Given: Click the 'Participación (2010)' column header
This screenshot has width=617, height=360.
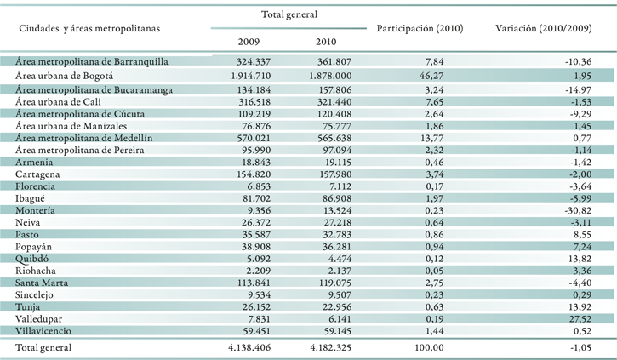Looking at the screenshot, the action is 420,28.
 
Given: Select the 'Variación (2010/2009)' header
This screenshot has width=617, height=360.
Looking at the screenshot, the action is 544,28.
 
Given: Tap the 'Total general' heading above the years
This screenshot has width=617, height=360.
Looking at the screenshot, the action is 289,14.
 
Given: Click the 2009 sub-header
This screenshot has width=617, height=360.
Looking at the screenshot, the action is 249,42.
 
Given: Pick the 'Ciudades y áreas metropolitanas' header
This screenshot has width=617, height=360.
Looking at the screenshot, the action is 89,29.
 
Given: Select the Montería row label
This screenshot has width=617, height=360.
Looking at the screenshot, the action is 35,210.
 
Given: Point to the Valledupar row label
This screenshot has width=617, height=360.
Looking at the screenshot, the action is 38,319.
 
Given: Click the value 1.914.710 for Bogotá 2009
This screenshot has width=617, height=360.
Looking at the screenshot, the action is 251,76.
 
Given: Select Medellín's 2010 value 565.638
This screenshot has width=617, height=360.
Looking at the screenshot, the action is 334,138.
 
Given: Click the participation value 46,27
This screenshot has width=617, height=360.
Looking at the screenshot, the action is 431,76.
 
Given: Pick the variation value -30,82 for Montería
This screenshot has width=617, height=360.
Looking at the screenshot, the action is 578,210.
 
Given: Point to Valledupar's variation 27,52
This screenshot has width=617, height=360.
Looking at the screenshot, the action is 580,319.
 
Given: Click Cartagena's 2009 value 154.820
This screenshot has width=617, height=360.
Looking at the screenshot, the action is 254,174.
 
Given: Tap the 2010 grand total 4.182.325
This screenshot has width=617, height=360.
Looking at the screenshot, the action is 330,348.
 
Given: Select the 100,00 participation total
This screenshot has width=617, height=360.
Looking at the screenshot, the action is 429,348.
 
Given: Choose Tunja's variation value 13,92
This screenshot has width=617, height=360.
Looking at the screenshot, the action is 580,307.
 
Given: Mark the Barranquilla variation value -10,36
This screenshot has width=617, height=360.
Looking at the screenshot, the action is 578,62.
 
